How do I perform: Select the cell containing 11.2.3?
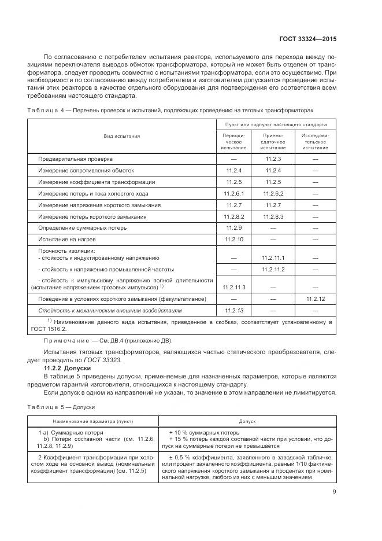click(x=273, y=159)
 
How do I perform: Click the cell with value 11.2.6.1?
click(x=233, y=193)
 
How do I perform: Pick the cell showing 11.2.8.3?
click(x=273, y=216)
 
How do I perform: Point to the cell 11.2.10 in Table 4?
click(x=233, y=240)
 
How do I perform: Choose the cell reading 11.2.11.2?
click(x=273, y=270)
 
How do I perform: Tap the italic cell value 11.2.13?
click(x=233, y=311)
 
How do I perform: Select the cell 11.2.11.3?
click(x=233, y=286)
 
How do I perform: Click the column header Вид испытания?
click(x=122, y=136)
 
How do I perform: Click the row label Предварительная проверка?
click(x=76, y=159)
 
